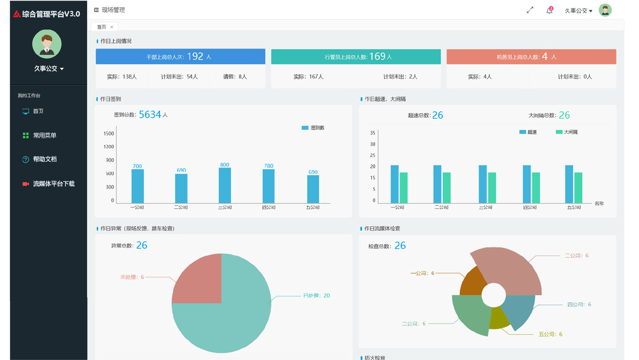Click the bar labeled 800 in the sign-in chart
(x=225, y=185)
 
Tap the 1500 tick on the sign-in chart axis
(x=109, y=134)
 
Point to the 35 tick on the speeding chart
(x=373, y=133)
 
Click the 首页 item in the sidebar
(x=38, y=111)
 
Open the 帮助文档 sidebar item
(x=44, y=160)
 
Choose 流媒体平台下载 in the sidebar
(x=53, y=184)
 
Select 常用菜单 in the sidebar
(x=44, y=136)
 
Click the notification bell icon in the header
(x=549, y=10)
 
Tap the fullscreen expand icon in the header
(x=530, y=10)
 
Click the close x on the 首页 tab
(x=112, y=27)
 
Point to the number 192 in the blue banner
(x=195, y=56)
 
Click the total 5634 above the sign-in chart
(x=150, y=115)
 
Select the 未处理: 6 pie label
(x=132, y=277)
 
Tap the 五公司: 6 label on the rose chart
(x=550, y=334)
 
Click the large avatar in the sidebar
(x=47, y=44)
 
